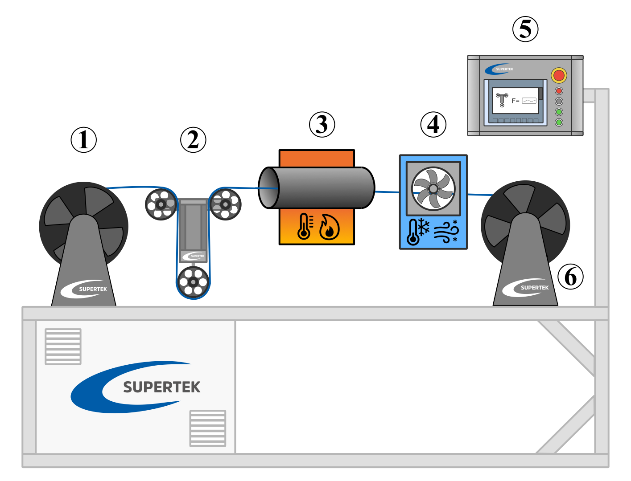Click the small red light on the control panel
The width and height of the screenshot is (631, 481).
pyautogui.click(x=559, y=91)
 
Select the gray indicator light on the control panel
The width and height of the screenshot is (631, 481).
pyautogui.click(x=559, y=101)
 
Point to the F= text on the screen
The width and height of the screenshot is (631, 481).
pyautogui.click(x=515, y=101)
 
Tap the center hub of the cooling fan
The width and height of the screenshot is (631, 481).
pyautogui.click(x=433, y=188)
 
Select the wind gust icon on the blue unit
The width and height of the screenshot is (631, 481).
pyautogui.click(x=446, y=231)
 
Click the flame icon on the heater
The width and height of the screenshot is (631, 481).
pyautogui.click(x=330, y=227)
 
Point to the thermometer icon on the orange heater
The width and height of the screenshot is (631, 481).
pyautogui.click(x=305, y=227)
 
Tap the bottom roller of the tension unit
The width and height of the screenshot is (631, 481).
pyautogui.click(x=193, y=282)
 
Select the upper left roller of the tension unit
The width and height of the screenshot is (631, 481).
pyautogui.click(x=161, y=204)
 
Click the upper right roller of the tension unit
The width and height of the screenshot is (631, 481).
pyautogui.click(x=225, y=204)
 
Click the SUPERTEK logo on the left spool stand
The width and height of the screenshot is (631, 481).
pyautogui.click(x=84, y=289)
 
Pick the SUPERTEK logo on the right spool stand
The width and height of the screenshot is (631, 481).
pyautogui.click(x=526, y=288)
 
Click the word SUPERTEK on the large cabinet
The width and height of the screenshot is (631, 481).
pyautogui.click(x=161, y=387)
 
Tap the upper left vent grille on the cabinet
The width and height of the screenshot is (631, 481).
pyautogui.click(x=63, y=346)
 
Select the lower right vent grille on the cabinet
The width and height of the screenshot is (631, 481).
pyautogui.click(x=208, y=428)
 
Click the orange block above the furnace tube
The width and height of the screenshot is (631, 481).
pyautogui.click(x=317, y=159)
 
